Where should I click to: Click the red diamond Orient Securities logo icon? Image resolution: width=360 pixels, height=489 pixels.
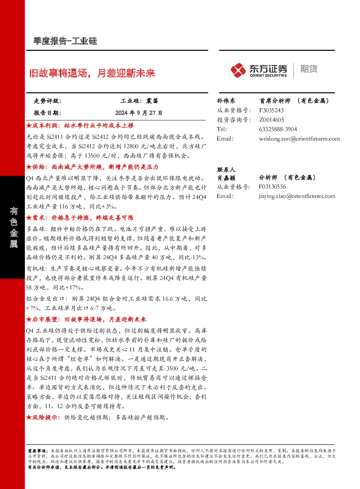pos(238,70)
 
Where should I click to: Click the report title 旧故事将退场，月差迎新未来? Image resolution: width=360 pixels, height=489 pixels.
pos(92,73)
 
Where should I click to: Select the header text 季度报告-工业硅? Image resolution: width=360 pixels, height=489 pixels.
pos(65,41)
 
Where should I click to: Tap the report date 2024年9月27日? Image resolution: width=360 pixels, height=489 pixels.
pos(139,113)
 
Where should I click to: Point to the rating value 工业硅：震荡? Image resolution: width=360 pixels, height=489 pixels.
pos(139,101)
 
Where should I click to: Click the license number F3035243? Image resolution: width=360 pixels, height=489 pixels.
pos(271,110)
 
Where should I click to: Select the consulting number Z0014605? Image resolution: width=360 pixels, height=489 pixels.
pos(271,120)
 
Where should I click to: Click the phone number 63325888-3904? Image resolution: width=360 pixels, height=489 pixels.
pos(278,129)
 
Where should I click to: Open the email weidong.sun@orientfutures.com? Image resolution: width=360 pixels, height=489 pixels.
pos(299,139)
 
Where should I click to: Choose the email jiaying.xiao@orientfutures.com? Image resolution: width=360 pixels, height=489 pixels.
pos(297,196)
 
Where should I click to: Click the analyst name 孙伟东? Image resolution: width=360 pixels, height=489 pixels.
pos(226,101)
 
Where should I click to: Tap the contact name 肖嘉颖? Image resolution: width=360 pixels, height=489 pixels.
pos(226,178)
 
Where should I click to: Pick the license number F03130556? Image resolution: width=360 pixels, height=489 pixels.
pos(272,187)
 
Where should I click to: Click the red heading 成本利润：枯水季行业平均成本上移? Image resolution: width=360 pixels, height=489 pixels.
pos(80,126)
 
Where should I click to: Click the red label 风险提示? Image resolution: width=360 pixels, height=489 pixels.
pos(43,417)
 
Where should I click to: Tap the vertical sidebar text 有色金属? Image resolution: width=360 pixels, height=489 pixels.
pos(13,227)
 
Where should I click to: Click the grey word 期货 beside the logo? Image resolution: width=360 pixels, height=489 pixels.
pos(309,69)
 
